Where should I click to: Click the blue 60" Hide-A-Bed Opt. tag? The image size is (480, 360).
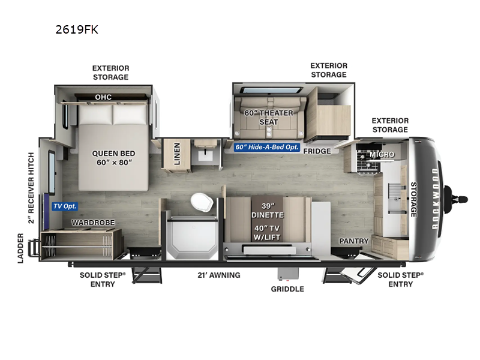pos(267,147)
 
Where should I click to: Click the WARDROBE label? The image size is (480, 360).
pos(89,222)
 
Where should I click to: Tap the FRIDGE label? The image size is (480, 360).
pos(317,151)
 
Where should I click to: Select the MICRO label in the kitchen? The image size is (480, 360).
pos(382,155)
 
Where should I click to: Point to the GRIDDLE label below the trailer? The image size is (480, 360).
pos(287,289)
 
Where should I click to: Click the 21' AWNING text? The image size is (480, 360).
pos(220,275)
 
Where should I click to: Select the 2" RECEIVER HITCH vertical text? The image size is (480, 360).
pos(31,187)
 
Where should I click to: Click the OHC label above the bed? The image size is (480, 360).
pos(103,97)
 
